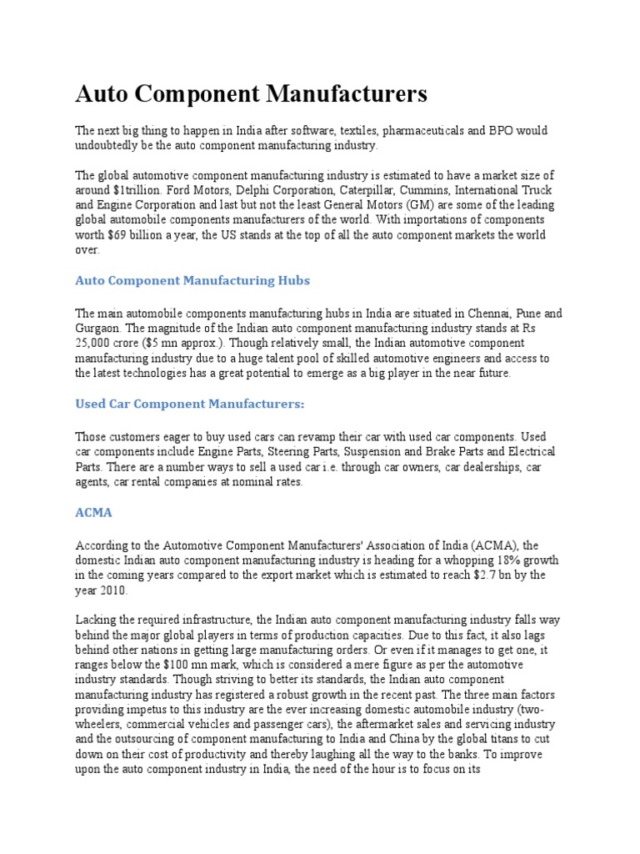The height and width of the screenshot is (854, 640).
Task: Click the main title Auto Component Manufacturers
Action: coord(251,93)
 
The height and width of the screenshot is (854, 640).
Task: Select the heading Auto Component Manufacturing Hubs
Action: coord(192,280)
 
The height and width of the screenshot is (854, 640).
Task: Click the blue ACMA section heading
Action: coord(93,513)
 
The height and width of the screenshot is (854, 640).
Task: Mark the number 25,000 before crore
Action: coord(96,344)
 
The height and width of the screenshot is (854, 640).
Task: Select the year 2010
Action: coord(113,590)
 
